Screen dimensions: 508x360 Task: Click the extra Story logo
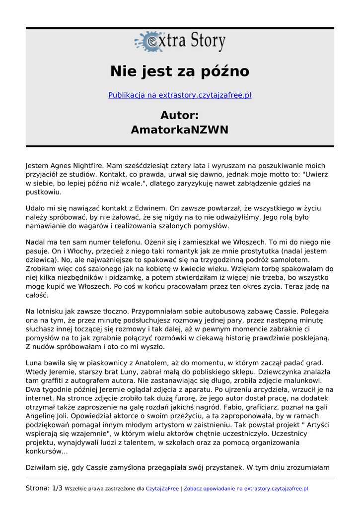[x=180, y=42]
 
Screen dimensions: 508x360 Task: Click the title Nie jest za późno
[x=180, y=71]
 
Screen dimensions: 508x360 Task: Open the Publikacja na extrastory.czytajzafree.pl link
[x=180, y=95]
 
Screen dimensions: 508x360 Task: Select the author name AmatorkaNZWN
[x=180, y=130]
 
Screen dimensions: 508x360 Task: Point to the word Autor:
[x=180, y=116]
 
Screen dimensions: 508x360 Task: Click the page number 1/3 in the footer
[x=57, y=488]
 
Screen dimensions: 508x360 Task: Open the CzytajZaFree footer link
[x=162, y=489]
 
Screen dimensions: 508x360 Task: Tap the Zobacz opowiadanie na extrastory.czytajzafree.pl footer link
[x=246, y=489]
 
